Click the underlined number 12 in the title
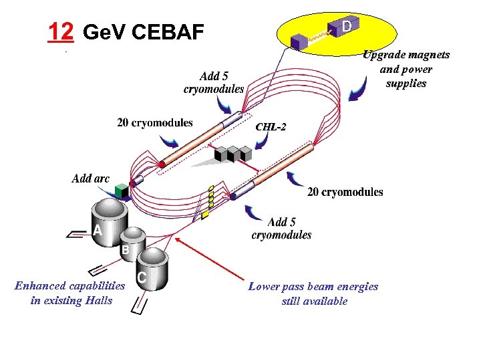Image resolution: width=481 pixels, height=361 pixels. (x=60, y=31)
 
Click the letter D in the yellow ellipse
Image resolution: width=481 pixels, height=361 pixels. (x=347, y=26)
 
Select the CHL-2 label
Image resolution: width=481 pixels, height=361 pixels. (x=271, y=126)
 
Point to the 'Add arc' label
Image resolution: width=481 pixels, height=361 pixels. (x=90, y=178)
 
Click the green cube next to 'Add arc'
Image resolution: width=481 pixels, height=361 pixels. (x=121, y=191)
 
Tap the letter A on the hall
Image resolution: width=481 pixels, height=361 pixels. (x=98, y=231)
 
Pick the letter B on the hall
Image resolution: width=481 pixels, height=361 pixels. (x=125, y=250)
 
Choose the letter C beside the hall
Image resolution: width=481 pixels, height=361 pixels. (x=142, y=277)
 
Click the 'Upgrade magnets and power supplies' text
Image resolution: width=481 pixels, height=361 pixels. (x=406, y=69)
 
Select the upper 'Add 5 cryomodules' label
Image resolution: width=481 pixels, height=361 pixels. (x=214, y=82)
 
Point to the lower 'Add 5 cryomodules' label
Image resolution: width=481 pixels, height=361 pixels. (x=281, y=228)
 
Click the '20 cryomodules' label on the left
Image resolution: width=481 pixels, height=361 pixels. (x=155, y=122)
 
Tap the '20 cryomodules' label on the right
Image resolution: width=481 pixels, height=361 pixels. (x=345, y=192)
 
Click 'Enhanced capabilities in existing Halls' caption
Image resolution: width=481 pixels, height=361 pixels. (x=69, y=293)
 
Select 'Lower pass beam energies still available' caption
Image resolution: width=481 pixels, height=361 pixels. (x=313, y=293)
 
